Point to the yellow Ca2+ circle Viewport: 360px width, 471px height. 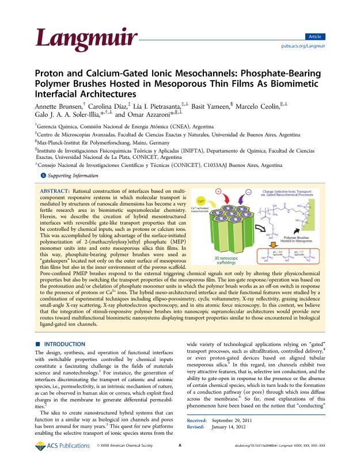point(202,202)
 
